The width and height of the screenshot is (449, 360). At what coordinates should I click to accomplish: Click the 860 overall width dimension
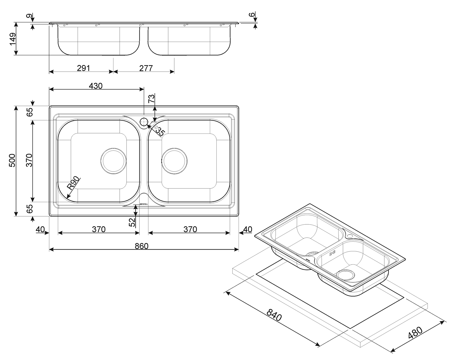142,246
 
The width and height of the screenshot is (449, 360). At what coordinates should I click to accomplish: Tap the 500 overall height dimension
12,160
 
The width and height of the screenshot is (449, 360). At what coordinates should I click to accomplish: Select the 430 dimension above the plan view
96,86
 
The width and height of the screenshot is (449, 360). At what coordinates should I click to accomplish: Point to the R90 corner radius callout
74,183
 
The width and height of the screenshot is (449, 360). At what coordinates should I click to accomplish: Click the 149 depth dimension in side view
13,39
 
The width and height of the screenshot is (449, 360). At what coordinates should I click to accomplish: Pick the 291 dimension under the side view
84,68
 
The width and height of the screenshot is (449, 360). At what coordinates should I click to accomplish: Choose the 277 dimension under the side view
146,68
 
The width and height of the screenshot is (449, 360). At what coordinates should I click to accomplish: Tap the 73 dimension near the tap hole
152,98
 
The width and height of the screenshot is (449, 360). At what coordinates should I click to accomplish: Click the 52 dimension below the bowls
132,222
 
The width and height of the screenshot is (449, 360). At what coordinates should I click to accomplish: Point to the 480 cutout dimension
415,333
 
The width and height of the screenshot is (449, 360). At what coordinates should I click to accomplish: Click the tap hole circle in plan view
144,121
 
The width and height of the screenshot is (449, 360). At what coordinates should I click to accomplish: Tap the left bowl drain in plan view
113,161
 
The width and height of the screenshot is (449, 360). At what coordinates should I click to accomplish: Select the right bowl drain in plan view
175,161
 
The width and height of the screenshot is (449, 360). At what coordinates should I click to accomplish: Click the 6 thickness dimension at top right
252,14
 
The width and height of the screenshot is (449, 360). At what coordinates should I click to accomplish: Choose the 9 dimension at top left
30,16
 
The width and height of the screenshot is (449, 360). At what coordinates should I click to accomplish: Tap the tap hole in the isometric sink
350,236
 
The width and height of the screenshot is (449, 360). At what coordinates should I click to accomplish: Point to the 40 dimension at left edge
40,229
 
